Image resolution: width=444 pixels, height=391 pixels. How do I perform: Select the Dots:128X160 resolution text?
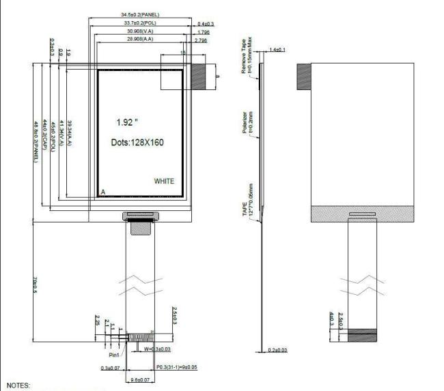[137, 143]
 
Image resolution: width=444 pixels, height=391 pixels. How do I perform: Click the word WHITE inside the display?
[164, 182]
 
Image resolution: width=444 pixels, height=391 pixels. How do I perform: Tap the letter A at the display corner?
[103, 192]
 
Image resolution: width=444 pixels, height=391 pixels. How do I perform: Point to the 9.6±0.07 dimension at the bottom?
[139, 379]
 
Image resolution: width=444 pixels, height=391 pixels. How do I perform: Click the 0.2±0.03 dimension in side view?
[277, 350]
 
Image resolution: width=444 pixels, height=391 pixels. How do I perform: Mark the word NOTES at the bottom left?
[18, 386]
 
